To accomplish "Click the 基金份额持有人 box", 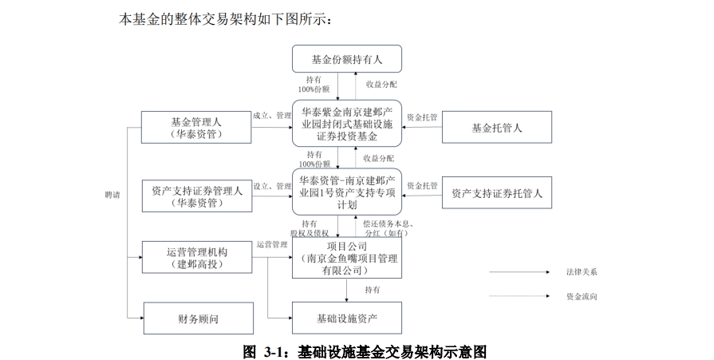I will [x=346, y=59].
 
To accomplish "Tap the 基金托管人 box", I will [x=496, y=128].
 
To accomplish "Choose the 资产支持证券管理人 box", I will [x=196, y=196].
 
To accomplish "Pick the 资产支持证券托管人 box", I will [x=496, y=192].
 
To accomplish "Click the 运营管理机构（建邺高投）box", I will [x=196, y=258].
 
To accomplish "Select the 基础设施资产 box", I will [x=346, y=318].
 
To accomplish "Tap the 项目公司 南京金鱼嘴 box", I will [x=346, y=258].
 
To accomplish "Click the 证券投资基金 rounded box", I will [x=346, y=123].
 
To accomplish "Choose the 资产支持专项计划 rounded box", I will [x=346, y=192].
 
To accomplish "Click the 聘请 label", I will [x=112, y=195].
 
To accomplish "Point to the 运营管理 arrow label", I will [x=272, y=244].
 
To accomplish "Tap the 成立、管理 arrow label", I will [x=272, y=115].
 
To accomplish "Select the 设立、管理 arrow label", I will [x=272, y=185].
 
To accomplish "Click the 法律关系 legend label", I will [x=583, y=272].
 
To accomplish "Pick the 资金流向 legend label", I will [x=583, y=296].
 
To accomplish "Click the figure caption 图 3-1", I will [x=365, y=350].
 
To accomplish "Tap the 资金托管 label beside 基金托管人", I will [x=422, y=117].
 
